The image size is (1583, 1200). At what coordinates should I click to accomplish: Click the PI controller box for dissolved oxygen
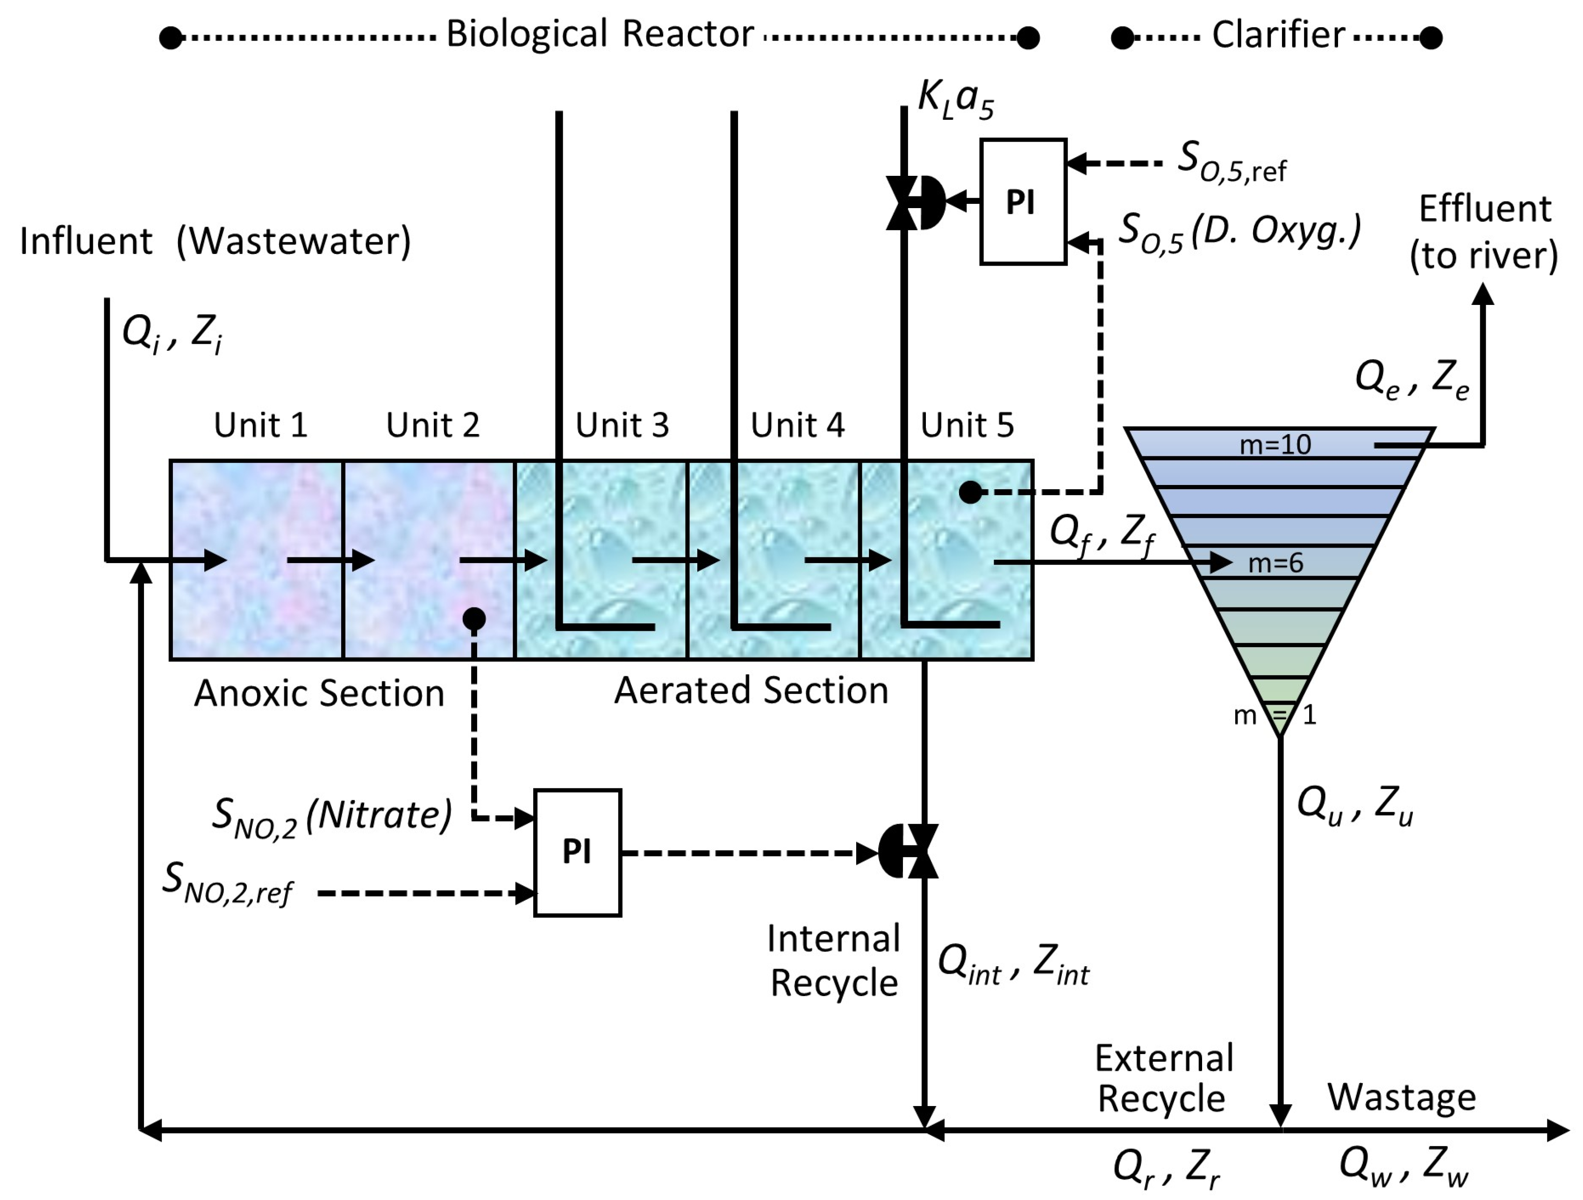[1024, 202]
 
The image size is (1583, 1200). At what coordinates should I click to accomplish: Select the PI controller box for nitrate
[578, 852]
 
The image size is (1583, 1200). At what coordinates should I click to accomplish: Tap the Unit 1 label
[260, 425]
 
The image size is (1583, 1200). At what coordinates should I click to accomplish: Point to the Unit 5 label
[967, 425]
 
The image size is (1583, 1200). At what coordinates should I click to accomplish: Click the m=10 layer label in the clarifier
[1275, 445]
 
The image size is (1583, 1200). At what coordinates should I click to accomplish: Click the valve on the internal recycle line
[908, 851]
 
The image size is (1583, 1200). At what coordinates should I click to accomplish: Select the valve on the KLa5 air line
[915, 202]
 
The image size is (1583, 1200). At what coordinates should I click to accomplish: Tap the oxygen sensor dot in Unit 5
[970, 492]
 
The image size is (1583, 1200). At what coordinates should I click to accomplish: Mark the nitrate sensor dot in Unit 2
[474, 619]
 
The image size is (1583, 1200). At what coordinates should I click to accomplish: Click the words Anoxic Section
[319, 693]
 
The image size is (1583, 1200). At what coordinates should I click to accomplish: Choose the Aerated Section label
[752, 690]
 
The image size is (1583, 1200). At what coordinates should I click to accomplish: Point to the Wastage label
[1401, 1098]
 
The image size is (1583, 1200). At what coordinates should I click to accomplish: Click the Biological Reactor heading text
[600, 34]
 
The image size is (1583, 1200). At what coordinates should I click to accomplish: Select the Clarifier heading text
[1278, 34]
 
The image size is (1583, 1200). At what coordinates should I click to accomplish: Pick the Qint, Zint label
[1013, 964]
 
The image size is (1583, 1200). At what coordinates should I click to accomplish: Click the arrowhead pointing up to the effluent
[1483, 294]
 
